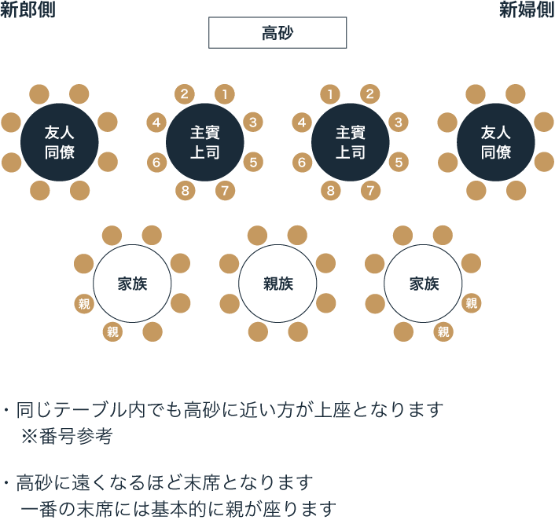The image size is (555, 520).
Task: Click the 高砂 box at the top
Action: [277, 32]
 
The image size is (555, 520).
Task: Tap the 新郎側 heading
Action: [28, 10]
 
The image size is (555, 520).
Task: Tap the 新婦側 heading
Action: [526, 10]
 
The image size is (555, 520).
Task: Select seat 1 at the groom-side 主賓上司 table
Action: [225, 94]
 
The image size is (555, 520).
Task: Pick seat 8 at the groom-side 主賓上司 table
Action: [185, 190]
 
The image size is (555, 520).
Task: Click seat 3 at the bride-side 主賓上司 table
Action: [399, 122]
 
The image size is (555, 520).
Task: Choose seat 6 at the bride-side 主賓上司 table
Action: [302, 163]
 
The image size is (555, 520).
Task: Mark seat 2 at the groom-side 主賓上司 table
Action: [185, 94]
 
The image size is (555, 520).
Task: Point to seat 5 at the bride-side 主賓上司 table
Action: [399, 163]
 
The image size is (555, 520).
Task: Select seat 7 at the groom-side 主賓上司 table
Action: [225, 190]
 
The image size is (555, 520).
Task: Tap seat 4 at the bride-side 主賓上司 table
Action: [302, 122]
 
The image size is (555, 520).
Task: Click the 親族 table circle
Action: [277, 284]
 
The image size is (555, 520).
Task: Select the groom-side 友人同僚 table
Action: [60, 142]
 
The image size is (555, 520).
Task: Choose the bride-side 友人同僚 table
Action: [496, 142]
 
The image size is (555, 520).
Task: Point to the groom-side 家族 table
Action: [132, 284]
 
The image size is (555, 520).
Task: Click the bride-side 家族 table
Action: [423, 284]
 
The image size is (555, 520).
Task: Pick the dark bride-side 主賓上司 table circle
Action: [351, 142]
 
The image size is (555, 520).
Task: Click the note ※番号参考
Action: [66, 437]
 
